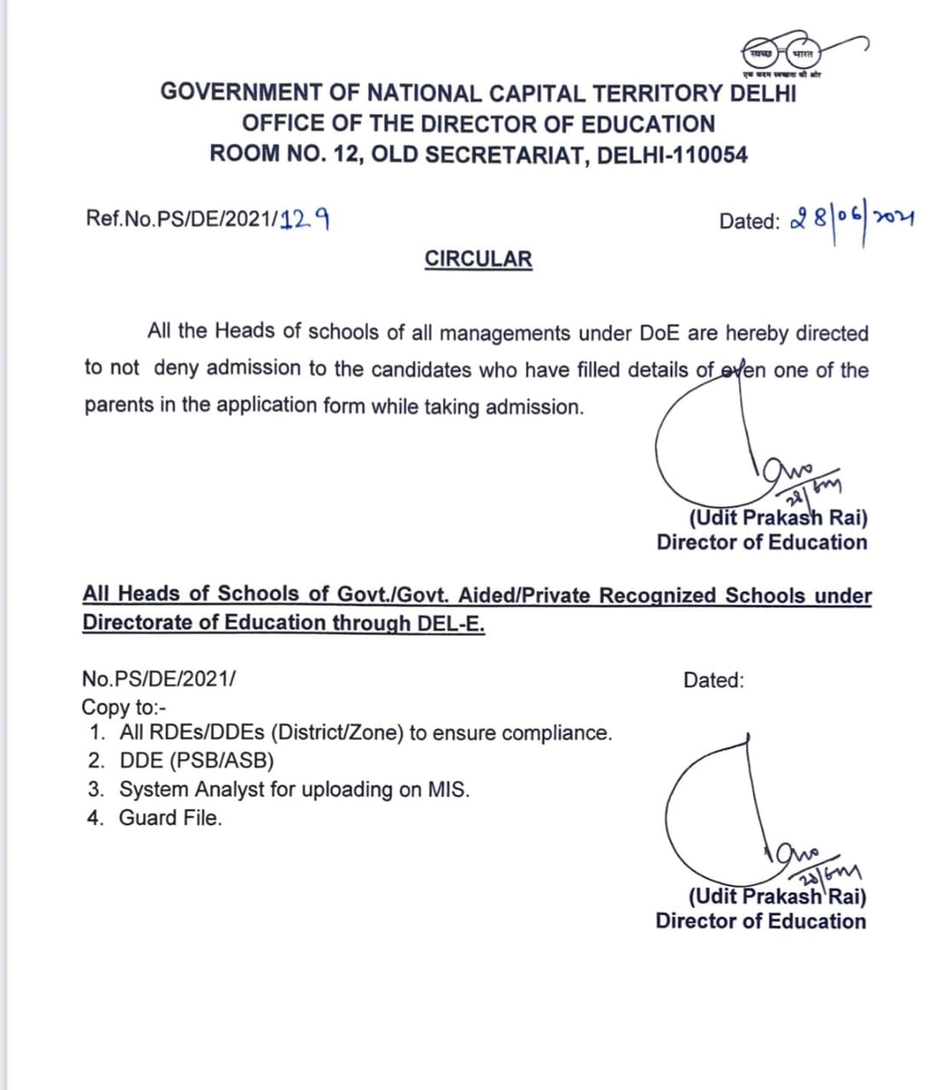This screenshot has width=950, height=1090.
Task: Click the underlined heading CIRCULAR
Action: tap(478, 259)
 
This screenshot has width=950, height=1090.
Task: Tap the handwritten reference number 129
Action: tap(305, 220)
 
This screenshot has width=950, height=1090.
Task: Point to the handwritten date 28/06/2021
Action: tap(852, 220)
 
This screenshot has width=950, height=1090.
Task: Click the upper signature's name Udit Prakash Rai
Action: tap(778, 518)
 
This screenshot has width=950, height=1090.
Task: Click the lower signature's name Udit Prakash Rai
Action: tap(777, 897)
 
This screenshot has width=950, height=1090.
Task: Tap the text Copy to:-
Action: tap(124, 707)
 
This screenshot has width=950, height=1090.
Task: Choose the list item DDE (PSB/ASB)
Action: tap(197, 760)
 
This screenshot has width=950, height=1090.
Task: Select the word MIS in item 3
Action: tap(448, 789)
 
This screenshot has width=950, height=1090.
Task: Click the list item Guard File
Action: tap(170, 818)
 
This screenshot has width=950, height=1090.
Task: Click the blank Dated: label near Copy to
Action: tap(713, 680)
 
